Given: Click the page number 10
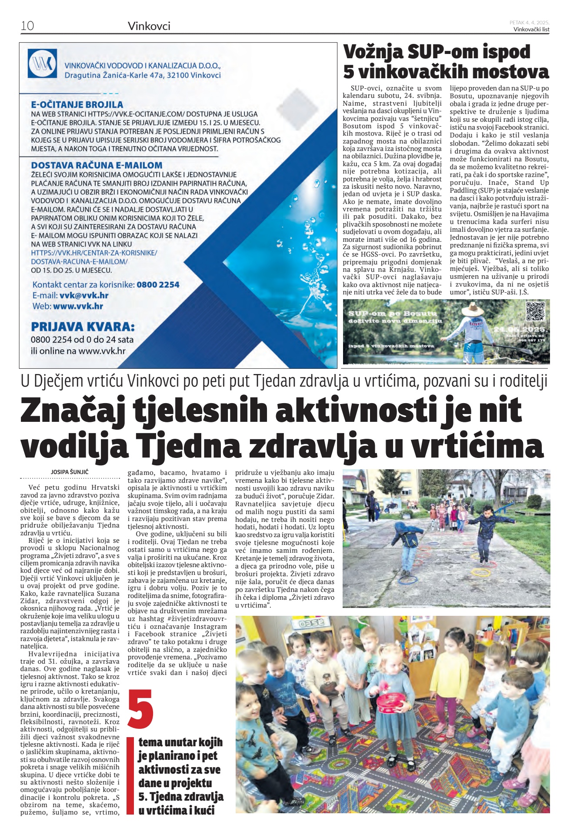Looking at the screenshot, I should point(27,26).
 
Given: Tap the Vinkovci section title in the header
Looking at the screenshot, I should point(149,26).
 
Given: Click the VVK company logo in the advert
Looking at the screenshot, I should point(42,64).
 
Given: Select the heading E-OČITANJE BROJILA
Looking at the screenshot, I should point(77,104).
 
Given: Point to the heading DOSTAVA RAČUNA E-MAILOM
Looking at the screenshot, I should point(97,165).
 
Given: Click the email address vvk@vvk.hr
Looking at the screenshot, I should point(84,295).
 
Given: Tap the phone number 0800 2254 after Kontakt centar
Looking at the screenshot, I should point(158,285).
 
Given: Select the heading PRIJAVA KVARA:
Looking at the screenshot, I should point(83,327).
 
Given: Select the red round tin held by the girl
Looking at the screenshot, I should point(390,703).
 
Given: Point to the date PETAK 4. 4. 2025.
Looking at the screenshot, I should point(529,23).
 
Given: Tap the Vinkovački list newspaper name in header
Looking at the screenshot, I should point(531,29).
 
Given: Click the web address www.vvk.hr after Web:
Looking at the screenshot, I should point(78,306).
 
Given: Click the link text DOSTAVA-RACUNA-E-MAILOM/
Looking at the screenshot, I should point(79,261).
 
